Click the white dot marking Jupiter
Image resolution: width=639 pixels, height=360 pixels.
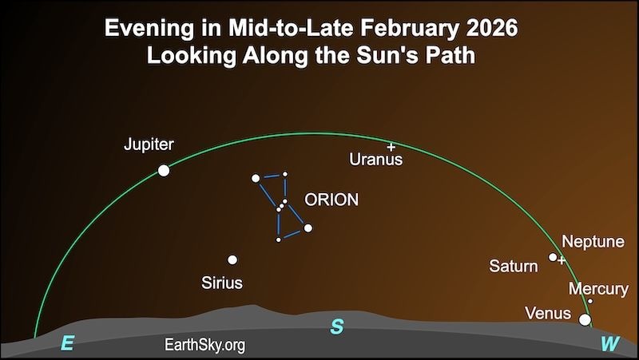point(164,170)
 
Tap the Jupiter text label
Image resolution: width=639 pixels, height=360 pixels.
point(149,145)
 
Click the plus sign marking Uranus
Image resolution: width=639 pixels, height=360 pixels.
point(391,147)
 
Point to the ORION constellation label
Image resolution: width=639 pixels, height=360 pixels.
point(331,200)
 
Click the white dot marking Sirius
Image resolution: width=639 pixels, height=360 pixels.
point(232,259)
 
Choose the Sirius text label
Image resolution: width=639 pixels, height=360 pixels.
point(222,283)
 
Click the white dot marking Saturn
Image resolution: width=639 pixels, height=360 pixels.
point(553,257)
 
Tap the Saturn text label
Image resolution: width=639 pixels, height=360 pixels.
point(513,266)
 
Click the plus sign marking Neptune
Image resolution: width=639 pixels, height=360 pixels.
point(562,260)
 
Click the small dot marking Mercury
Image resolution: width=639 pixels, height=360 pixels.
point(590,301)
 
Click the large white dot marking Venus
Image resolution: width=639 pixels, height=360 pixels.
point(585,320)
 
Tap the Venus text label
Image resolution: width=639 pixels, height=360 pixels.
point(547,312)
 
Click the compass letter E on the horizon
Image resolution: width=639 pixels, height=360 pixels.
point(68,344)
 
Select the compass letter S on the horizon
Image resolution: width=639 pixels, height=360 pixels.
point(337,327)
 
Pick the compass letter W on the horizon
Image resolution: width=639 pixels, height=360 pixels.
point(609,344)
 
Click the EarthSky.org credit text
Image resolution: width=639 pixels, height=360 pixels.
point(204,345)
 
